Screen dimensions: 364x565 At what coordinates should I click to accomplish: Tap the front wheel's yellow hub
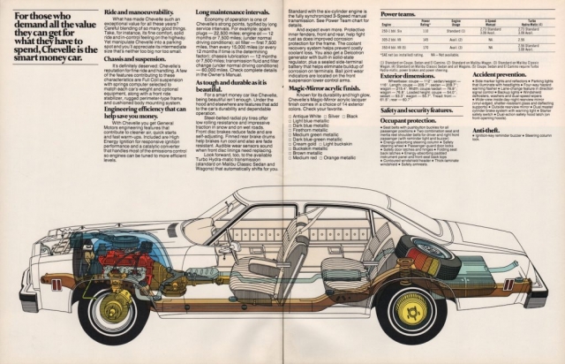[112, 308]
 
